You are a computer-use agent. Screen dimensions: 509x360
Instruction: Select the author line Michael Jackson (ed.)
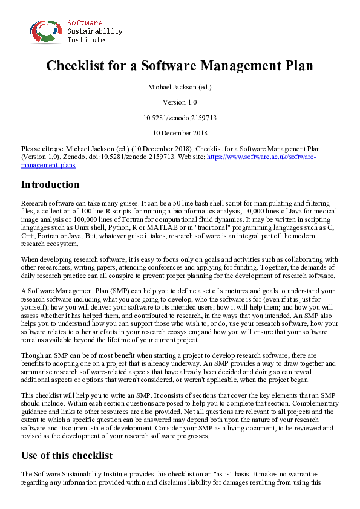[x=180, y=87]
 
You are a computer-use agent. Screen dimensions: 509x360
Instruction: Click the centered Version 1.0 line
[x=180, y=102]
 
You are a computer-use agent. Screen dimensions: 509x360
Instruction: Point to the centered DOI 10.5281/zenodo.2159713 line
[x=180, y=117]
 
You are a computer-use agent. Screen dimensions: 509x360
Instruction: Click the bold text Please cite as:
[x=42, y=148]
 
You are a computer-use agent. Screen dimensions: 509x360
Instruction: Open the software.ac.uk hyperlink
[x=261, y=156]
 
